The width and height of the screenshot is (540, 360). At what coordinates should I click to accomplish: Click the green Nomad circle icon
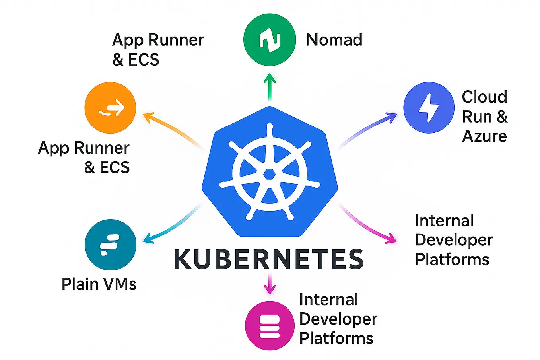click(270, 39)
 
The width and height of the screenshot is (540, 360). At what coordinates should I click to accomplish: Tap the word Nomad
click(334, 40)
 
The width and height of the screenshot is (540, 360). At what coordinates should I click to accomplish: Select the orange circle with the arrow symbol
click(110, 108)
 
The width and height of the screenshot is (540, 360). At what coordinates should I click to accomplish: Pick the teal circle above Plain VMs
click(111, 245)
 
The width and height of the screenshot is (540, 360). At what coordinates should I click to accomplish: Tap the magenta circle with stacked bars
click(270, 325)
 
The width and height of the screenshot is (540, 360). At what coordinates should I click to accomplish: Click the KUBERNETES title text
click(269, 259)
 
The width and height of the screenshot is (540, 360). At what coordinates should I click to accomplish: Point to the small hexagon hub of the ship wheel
click(270, 174)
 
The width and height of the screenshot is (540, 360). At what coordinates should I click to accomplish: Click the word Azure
click(484, 136)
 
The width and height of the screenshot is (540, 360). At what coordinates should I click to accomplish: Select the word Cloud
click(484, 97)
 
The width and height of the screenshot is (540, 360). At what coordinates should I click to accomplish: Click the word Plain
click(80, 284)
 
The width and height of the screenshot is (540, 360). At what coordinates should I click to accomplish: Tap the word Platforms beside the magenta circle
click(336, 339)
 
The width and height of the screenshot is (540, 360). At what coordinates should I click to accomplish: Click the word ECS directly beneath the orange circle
click(115, 167)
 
